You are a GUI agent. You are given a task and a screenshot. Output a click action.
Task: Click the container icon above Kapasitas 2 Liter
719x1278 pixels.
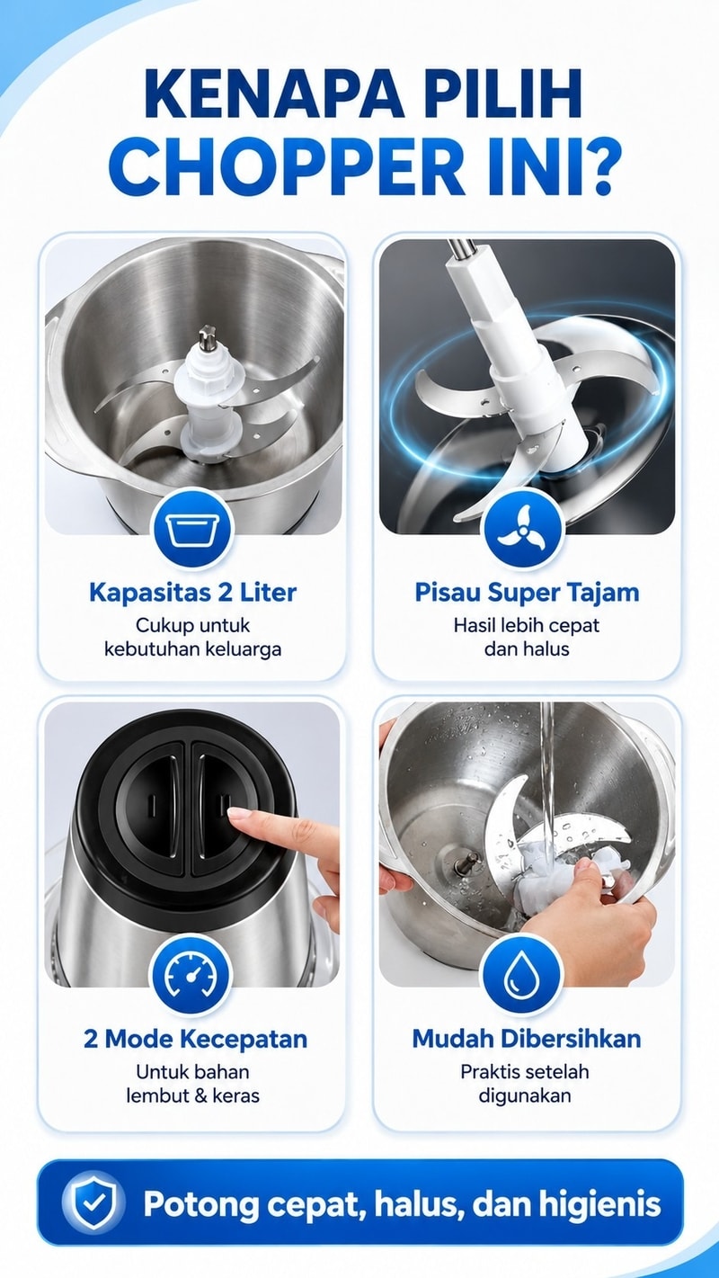192,529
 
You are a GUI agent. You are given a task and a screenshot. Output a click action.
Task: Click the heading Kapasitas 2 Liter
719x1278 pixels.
192,593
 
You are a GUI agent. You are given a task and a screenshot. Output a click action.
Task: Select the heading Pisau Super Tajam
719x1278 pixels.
527,593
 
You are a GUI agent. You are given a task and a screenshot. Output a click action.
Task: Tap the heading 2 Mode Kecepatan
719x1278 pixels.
195,1039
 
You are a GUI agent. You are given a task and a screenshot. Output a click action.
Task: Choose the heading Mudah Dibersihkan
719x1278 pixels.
527,1039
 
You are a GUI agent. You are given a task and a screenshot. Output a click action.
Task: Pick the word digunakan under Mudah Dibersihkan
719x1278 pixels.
525,1095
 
